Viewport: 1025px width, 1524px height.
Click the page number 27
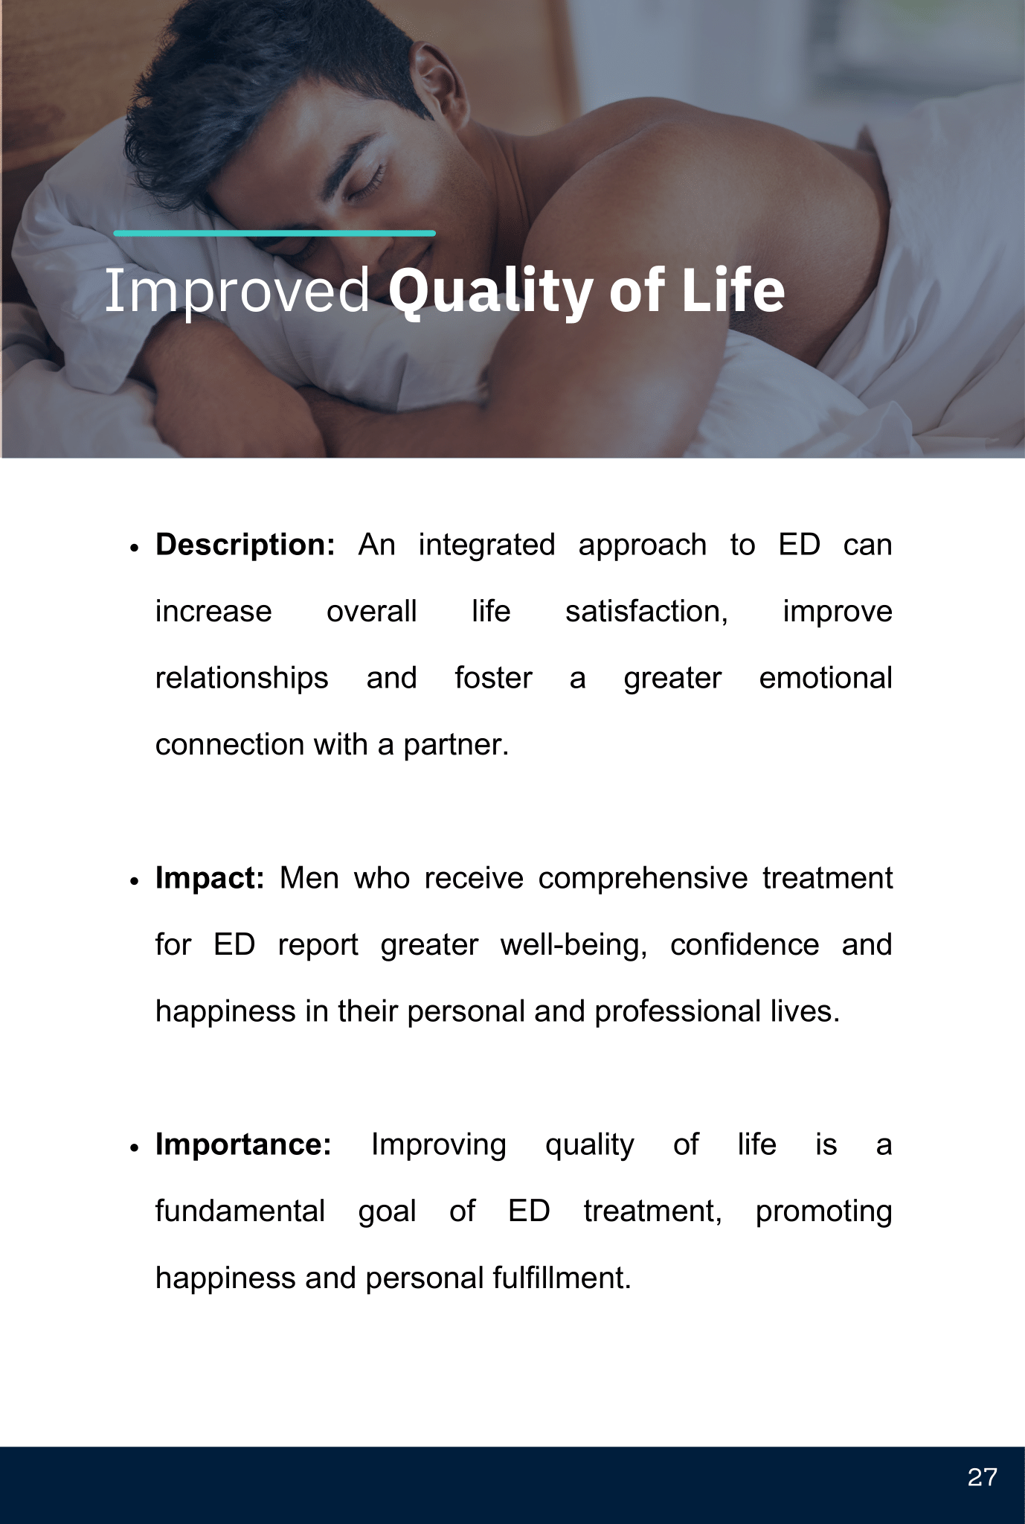point(982,1477)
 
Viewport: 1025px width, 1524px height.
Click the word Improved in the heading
point(237,291)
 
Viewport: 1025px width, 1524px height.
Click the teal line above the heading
point(274,233)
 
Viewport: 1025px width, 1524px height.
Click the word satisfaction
point(646,612)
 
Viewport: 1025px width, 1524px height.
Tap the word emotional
point(826,678)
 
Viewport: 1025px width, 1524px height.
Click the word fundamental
point(240,1211)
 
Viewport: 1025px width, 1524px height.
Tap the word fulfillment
point(562,1278)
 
